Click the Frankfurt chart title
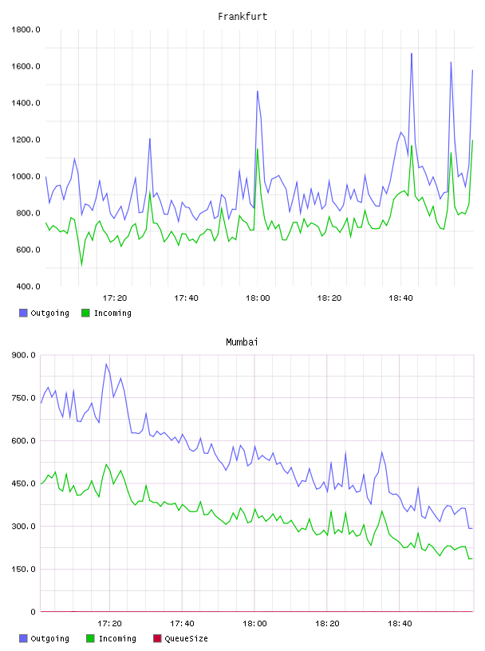[x=242, y=16]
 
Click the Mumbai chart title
[x=242, y=341]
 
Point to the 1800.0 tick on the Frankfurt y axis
[x=26, y=30]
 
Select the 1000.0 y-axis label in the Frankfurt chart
[x=26, y=176]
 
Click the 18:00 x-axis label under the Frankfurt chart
[x=258, y=298]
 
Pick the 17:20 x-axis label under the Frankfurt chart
[x=115, y=298]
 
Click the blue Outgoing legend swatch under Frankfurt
[x=23, y=313]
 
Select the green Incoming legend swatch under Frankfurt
[x=85, y=313]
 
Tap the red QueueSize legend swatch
[x=157, y=638]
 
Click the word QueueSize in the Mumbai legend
[x=187, y=638]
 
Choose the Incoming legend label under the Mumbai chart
[x=117, y=638]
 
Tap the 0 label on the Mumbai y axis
[x=33, y=612]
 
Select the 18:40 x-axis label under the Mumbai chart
[x=400, y=623]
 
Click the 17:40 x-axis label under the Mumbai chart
[x=183, y=623]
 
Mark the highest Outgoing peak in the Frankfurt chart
[x=412, y=53]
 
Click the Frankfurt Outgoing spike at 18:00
[x=258, y=91]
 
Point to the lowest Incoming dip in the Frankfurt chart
[x=81, y=265]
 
